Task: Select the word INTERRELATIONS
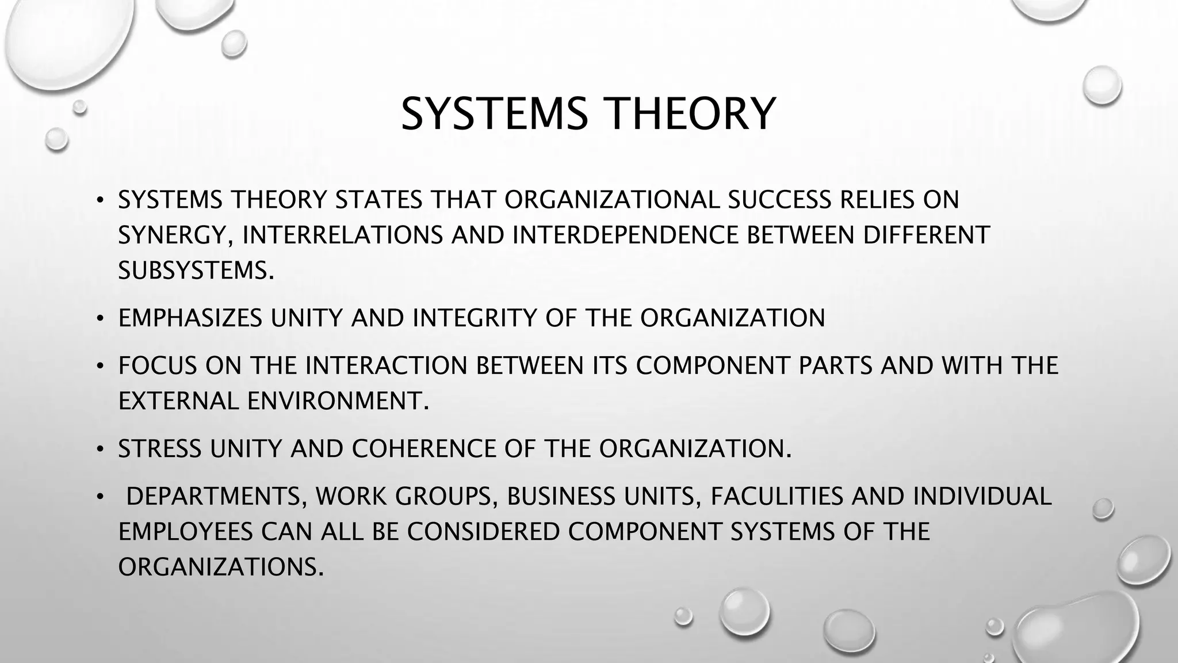(343, 235)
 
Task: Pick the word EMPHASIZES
(190, 318)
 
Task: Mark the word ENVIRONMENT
(338, 401)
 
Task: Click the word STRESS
(159, 449)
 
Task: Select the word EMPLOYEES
(185, 532)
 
